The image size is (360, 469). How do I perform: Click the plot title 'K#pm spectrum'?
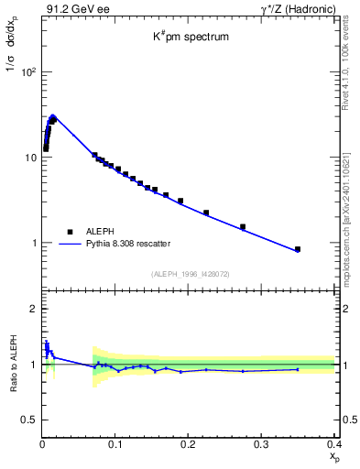190,38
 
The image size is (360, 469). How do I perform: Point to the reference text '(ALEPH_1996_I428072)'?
190,273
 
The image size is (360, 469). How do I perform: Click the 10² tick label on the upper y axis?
27,71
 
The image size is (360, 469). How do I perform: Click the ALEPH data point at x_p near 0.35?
298,249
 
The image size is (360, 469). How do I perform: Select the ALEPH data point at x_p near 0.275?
243,226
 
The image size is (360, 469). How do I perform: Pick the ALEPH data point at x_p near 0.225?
206,213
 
